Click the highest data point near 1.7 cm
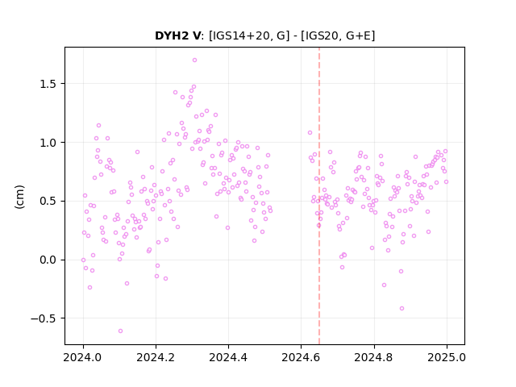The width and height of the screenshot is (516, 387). [x=194, y=60]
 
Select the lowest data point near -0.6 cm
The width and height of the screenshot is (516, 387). [x=120, y=331]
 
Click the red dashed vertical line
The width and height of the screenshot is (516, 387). [x=319, y=196]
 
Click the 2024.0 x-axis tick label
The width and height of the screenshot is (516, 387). [x=83, y=357]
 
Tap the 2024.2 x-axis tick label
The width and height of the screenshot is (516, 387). [x=156, y=357]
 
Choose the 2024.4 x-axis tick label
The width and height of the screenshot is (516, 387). [x=228, y=357]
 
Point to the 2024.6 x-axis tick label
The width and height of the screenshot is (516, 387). [x=301, y=357]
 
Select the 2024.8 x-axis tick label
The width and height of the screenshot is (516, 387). [x=374, y=357]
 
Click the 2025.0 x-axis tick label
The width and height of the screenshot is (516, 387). [x=447, y=357]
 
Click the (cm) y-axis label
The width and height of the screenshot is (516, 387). [x=19, y=197]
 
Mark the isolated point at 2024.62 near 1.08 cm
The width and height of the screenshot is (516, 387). [x=310, y=132]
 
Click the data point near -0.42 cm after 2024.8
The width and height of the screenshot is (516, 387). [x=402, y=308]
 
